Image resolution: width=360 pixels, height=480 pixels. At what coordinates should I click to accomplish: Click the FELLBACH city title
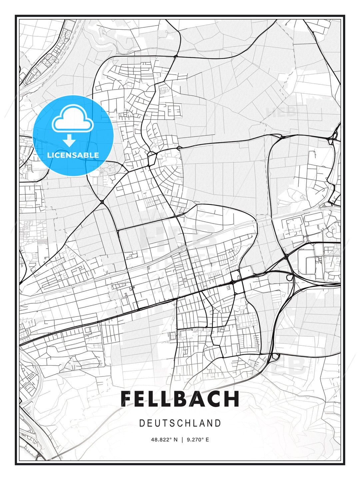(180, 399)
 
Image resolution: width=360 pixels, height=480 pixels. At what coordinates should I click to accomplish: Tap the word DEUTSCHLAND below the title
(180, 423)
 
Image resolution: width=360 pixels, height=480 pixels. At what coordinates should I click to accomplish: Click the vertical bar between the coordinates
(182, 440)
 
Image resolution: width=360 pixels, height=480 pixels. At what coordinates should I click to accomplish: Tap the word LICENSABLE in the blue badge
(73, 155)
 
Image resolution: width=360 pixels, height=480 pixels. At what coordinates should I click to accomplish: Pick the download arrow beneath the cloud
(69, 140)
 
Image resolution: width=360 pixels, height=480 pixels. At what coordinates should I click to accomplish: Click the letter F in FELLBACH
(128, 399)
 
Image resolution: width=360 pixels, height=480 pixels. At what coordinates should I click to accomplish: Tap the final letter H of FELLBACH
(232, 399)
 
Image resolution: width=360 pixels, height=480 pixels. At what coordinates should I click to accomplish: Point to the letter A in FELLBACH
(199, 399)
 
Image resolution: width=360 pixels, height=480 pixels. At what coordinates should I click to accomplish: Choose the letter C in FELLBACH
(215, 399)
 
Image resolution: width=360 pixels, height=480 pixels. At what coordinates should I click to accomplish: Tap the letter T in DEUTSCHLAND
(164, 423)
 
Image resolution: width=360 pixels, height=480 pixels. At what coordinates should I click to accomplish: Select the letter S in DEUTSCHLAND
(171, 423)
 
